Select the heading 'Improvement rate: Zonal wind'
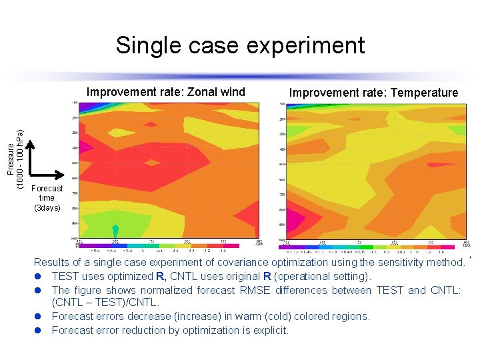coord(166,92)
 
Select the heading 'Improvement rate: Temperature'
coord(373,93)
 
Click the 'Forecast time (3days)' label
coord(47,198)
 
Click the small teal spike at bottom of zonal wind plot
coord(115,231)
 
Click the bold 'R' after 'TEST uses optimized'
coord(161,276)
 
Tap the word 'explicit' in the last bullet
coord(270,330)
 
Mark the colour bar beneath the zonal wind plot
coord(167,245)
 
